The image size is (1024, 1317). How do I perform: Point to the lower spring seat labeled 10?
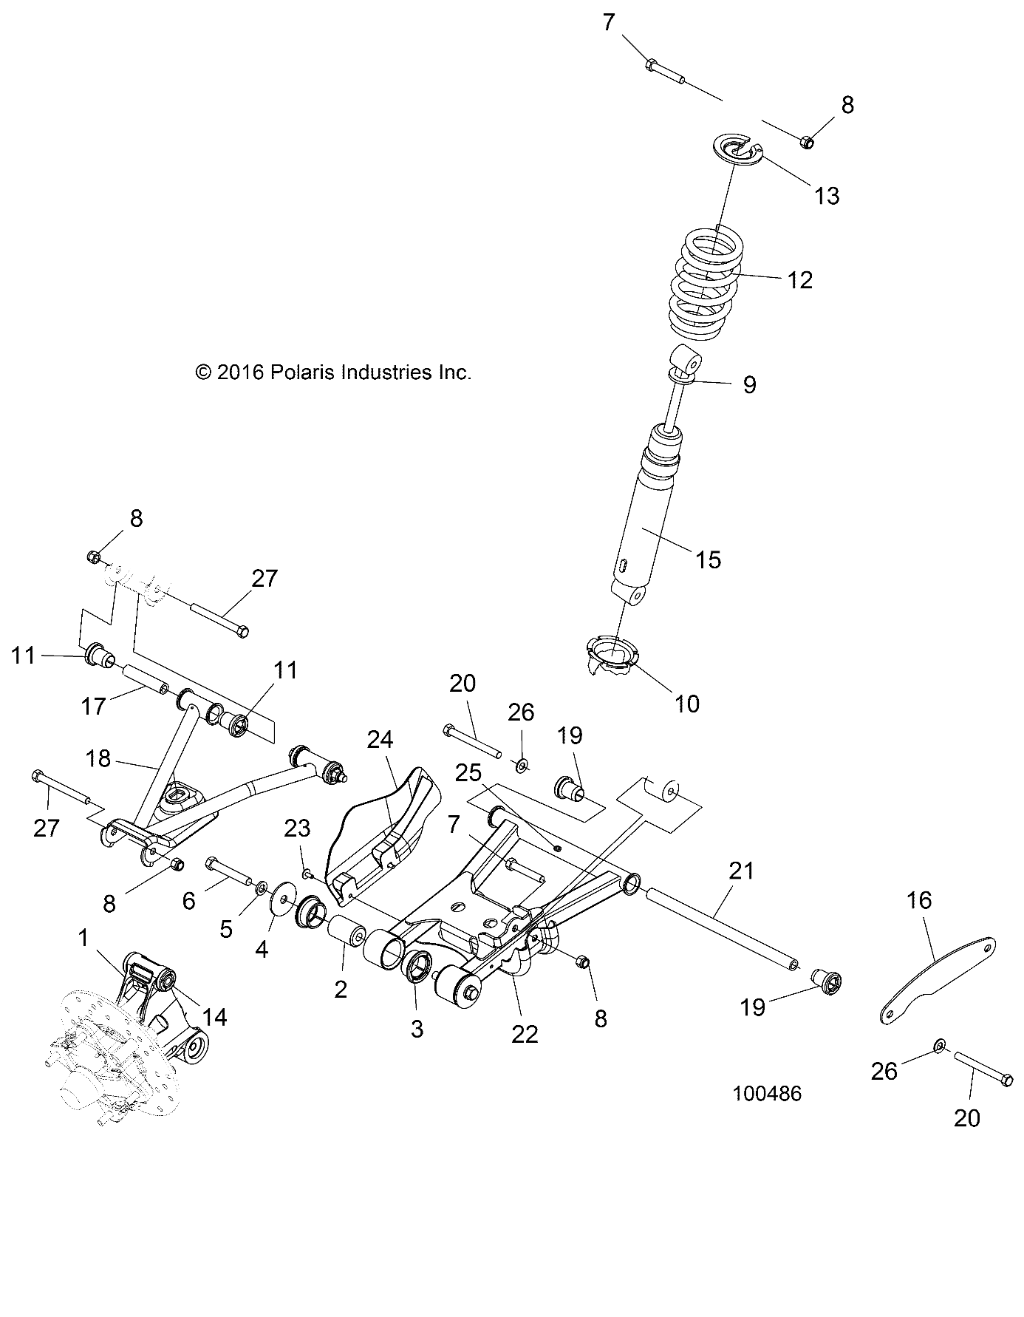pos(612,653)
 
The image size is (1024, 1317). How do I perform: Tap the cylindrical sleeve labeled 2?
pos(347,932)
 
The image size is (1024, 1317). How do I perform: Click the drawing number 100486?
pos(767,1093)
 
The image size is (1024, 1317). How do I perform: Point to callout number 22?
pos(525,1034)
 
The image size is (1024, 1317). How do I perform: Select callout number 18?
pos(98,758)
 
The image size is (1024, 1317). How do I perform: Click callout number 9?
pos(749,384)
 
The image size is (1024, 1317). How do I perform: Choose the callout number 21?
pos(741,871)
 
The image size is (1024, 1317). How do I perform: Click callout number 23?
pos(298,828)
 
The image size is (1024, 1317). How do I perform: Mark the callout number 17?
pos(94,706)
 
